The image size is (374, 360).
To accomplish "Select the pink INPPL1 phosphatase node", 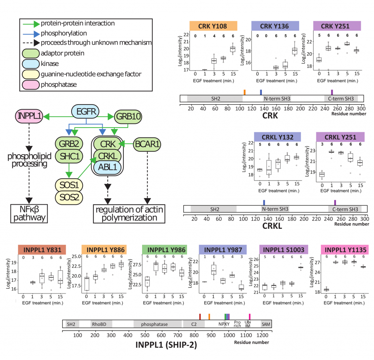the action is click(29, 116).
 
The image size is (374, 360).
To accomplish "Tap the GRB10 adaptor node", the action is click(128, 117).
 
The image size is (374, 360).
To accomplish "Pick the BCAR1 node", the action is click(147, 144).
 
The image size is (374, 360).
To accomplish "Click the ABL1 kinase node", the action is click(107, 167).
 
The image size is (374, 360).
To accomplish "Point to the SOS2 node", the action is click(69, 197).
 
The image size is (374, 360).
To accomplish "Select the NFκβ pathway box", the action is click(29, 214).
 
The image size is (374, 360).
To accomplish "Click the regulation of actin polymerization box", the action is click(129, 214).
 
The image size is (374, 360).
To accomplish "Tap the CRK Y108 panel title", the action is click(213, 26).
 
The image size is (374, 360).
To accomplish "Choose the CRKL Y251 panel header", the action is click(340, 137).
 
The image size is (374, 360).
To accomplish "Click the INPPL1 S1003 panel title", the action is click(283, 250).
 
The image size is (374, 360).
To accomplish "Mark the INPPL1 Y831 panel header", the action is click(42, 250).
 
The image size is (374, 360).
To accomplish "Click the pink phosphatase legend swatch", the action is click(31, 85).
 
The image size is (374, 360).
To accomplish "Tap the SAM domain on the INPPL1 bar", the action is click(266, 324).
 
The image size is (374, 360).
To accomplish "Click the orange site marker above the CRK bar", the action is click(244, 92).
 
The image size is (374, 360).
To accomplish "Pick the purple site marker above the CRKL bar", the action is click(335, 203).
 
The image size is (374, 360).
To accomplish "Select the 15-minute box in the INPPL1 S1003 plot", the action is click(301, 268).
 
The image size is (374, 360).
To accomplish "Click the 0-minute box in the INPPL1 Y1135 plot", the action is click(326, 289).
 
